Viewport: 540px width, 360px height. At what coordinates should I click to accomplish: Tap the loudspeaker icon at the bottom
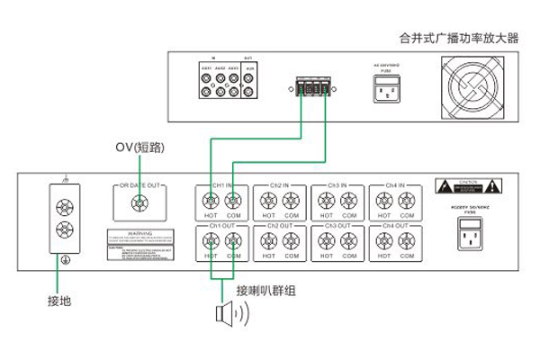[225, 314]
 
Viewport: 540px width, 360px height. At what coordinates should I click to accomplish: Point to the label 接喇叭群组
[265, 291]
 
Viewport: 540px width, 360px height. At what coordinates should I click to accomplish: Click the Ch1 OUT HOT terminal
[211, 241]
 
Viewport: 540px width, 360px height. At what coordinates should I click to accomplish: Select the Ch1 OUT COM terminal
[234, 241]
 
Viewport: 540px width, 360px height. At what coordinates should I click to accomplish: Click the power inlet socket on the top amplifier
[388, 88]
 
